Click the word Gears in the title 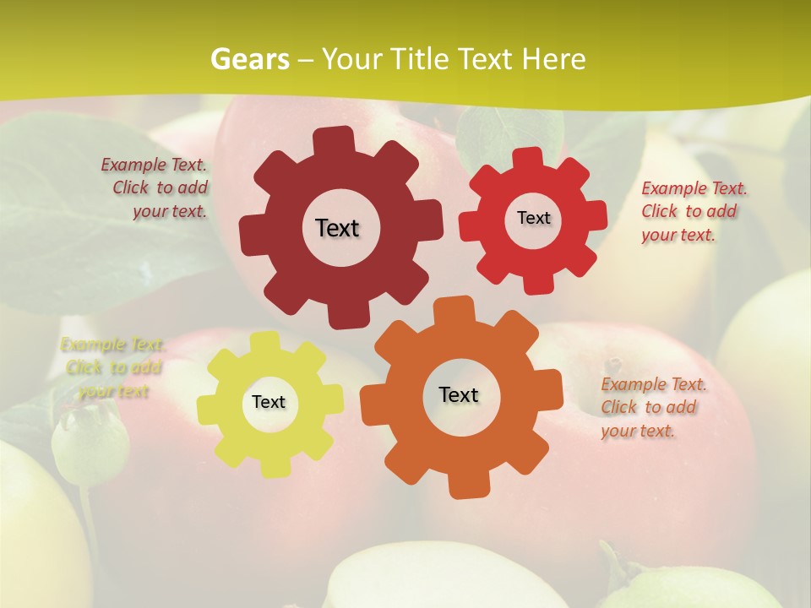[x=250, y=59]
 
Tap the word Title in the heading [x=423, y=59]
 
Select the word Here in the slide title [x=553, y=59]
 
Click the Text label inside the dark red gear [x=337, y=228]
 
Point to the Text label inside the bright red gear [x=533, y=218]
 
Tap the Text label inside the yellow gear [x=269, y=402]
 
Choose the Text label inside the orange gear [x=459, y=394]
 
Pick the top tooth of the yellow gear [x=265, y=343]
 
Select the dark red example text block [x=156, y=188]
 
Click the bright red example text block [x=693, y=211]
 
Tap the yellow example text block [x=113, y=368]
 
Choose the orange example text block [x=652, y=407]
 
